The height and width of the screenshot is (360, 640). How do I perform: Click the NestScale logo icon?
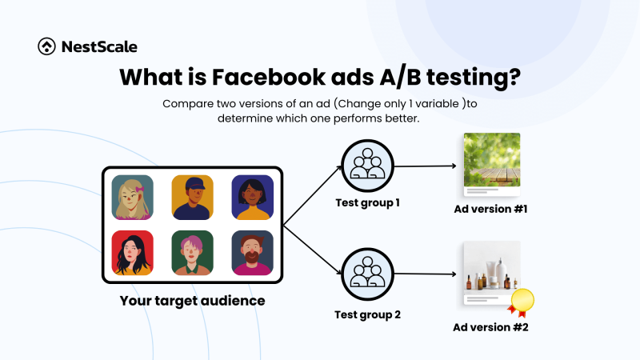tap(47, 46)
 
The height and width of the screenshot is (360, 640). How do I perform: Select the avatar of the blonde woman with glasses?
tap(133, 197)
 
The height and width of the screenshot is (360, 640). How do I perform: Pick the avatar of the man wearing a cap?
tap(192, 197)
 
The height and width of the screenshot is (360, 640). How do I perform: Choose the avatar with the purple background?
tap(252, 197)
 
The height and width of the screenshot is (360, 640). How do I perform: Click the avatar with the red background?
tap(133, 253)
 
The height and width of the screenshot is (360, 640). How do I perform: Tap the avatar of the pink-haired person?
tap(192, 253)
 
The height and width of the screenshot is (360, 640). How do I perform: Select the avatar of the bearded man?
tap(252, 253)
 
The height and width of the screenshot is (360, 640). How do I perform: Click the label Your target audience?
tap(192, 301)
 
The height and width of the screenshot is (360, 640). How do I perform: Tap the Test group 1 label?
tap(367, 202)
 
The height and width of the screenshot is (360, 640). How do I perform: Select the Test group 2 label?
tap(367, 314)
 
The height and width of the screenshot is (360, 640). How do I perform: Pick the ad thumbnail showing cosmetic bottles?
tap(491, 270)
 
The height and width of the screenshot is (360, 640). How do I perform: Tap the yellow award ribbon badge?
tap(522, 301)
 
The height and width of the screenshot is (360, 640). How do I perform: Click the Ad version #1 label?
tap(490, 210)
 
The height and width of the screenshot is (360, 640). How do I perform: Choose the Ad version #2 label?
tap(490, 326)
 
